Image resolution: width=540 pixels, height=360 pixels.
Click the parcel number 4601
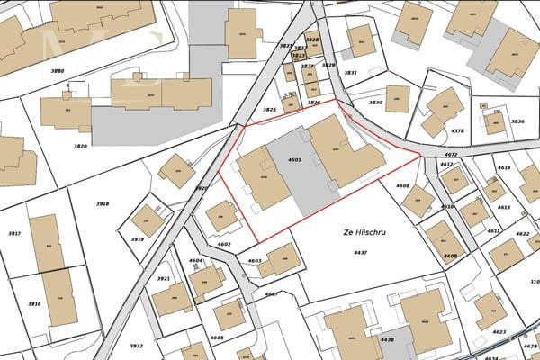click(x=293, y=159)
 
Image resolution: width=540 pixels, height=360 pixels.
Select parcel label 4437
click(x=361, y=253)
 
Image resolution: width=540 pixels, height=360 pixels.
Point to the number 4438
click(x=388, y=339)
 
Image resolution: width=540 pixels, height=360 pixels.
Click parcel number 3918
click(x=103, y=204)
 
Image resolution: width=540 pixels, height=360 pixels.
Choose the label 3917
click(x=14, y=233)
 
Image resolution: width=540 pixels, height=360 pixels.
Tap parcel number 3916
click(x=34, y=304)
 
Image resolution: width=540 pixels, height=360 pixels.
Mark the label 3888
click(x=58, y=70)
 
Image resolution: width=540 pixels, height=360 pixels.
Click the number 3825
click(x=268, y=110)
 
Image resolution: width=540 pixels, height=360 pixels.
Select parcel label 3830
click(x=376, y=103)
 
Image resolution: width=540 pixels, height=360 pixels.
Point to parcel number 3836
click(x=517, y=121)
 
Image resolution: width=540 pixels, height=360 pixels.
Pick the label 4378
click(x=457, y=131)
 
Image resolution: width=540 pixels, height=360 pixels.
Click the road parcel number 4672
click(x=451, y=155)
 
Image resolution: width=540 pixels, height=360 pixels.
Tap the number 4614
click(x=503, y=168)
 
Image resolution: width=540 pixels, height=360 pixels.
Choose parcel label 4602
click(x=224, y=244)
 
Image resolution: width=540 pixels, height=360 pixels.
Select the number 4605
click(x=217, y=337)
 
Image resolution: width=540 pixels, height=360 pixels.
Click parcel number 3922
click(x=136, y=346)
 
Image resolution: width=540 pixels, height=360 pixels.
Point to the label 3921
click(x=163, y=279)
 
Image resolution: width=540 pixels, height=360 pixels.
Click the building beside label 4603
click(x=280, y=259)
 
